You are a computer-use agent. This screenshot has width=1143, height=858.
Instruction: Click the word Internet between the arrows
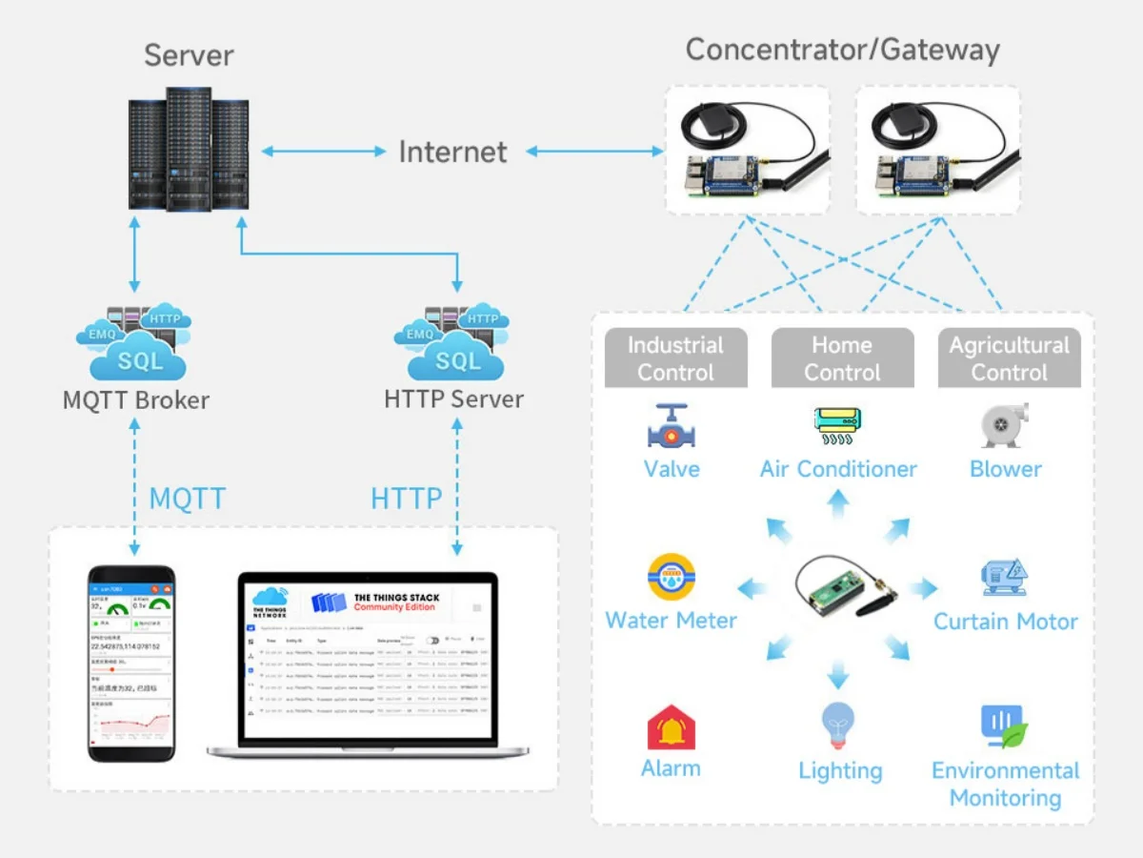pyautogui.click(x=452, y=152)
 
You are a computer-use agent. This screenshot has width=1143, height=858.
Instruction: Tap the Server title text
pyautogui.click(x=190, y=55)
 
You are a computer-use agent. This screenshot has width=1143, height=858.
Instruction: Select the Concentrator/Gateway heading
pyautogui.click(x=842, y=50)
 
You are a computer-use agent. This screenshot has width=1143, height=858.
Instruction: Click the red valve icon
pyautogui.click(x=672, y=426)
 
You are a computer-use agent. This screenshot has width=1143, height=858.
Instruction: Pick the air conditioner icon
pyautogui.click(x=838, y=426)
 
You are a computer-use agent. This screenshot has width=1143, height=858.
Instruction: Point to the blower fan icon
pyautogui.click(x=1005, y=426)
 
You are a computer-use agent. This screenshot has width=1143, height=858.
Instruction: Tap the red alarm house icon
pyautogui.click(x=671, y=727)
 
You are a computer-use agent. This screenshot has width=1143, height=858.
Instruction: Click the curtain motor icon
pyautogui.click(x=1005, y=578)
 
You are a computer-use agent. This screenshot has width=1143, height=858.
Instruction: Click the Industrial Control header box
pyautogui.click(x=675, y=358)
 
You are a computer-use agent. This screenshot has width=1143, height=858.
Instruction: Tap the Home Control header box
pyautogui.click(x=842, y=358)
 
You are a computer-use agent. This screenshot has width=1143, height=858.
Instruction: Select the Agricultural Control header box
pyautogui.click(x=1009, y=358)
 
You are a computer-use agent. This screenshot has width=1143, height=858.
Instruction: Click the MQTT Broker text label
pyautogui.click(x=135, y=399)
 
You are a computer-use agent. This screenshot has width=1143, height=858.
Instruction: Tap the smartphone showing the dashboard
pyautogui.click(x=131, y=664)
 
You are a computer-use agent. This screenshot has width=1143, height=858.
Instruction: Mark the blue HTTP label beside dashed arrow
pyautogui.click(x=406, y=498)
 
